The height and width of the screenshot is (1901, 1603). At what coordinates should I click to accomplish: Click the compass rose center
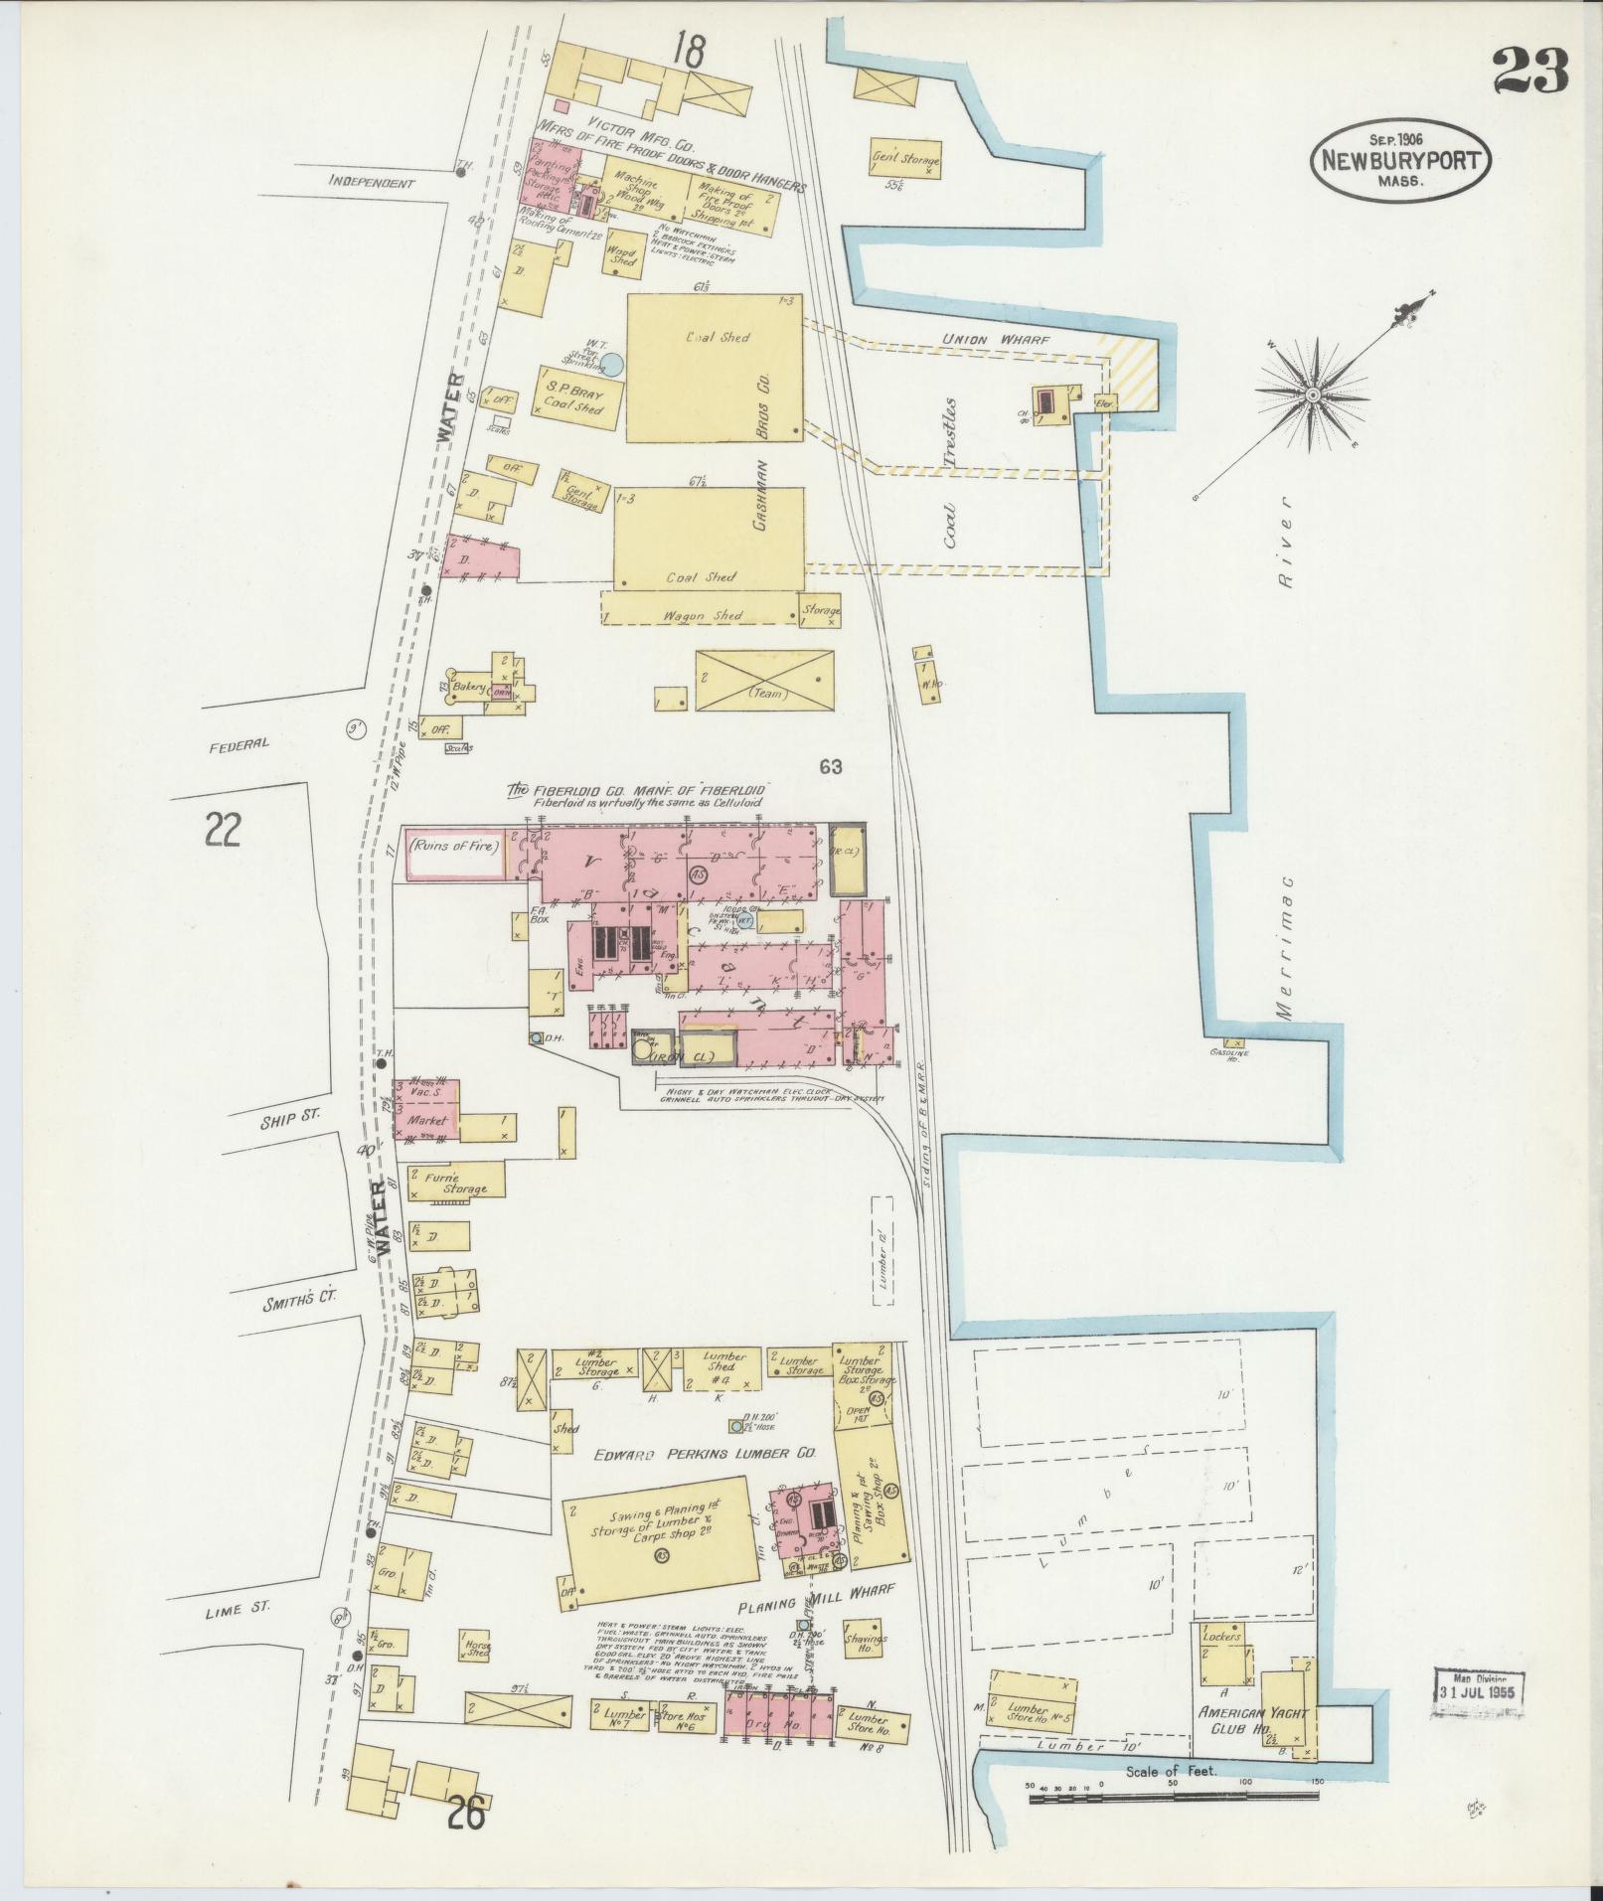1313,396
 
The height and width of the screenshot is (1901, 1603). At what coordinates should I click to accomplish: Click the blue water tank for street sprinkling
614,365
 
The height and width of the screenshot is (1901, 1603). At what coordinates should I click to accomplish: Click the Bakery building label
466,687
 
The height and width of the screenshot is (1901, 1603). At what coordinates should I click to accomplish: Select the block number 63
831,766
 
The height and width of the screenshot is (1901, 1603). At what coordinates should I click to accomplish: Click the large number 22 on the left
223,829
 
